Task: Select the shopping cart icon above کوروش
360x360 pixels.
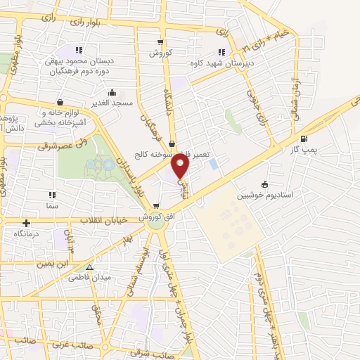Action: (161, 43)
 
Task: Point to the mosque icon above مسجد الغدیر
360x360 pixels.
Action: (112, 92)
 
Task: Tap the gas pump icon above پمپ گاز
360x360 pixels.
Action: (304, 139)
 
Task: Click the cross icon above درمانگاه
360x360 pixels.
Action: (26, 222)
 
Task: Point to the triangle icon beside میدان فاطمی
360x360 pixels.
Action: (89, 268)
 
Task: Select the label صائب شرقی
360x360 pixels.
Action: (167, 354)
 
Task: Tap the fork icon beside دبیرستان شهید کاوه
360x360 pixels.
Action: (222, 51)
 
